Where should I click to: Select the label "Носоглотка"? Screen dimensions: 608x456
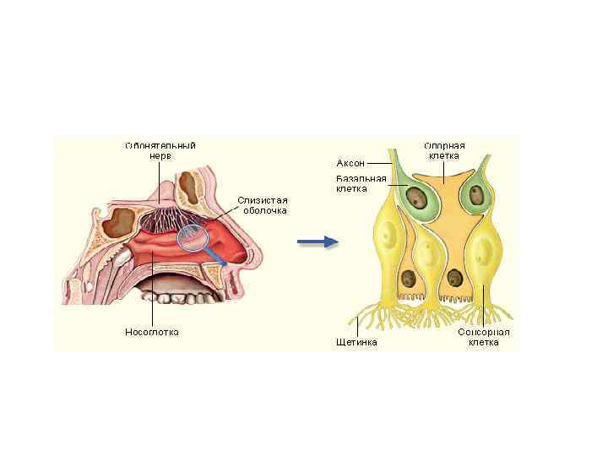153,331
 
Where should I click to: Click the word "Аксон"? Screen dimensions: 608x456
350,162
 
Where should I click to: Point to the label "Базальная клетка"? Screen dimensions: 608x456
361,183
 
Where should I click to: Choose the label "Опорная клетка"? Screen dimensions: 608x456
444,150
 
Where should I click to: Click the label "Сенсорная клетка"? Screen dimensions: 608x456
484,337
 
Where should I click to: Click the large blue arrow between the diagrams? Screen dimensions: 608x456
318,242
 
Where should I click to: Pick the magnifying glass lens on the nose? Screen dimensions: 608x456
193,240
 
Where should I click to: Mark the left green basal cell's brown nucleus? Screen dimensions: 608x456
415,199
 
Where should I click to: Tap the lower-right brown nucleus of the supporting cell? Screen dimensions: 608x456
456,277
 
